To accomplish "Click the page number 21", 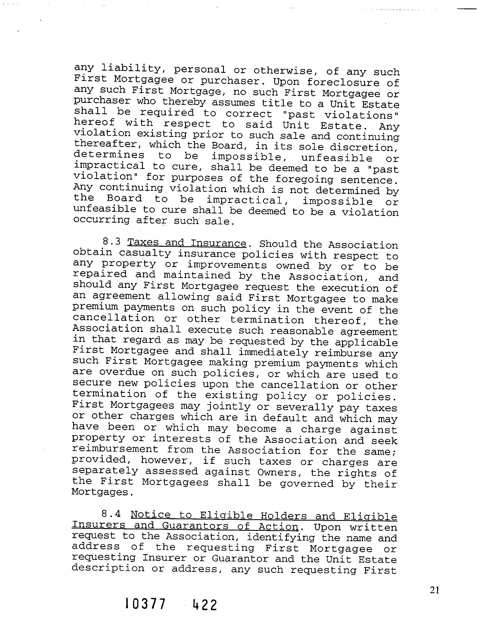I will coord(435,590).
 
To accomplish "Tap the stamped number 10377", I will coord(145,612).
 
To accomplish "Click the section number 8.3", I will coord(111,242).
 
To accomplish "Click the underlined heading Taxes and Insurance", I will coord(187,243).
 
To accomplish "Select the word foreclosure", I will coord(343,82).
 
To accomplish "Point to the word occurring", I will coord(102,220).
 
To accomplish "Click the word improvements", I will coord(227,265).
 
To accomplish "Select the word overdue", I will coord(122,372).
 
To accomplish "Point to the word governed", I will coord(307,484).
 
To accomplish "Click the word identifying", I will coord(281,538).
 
